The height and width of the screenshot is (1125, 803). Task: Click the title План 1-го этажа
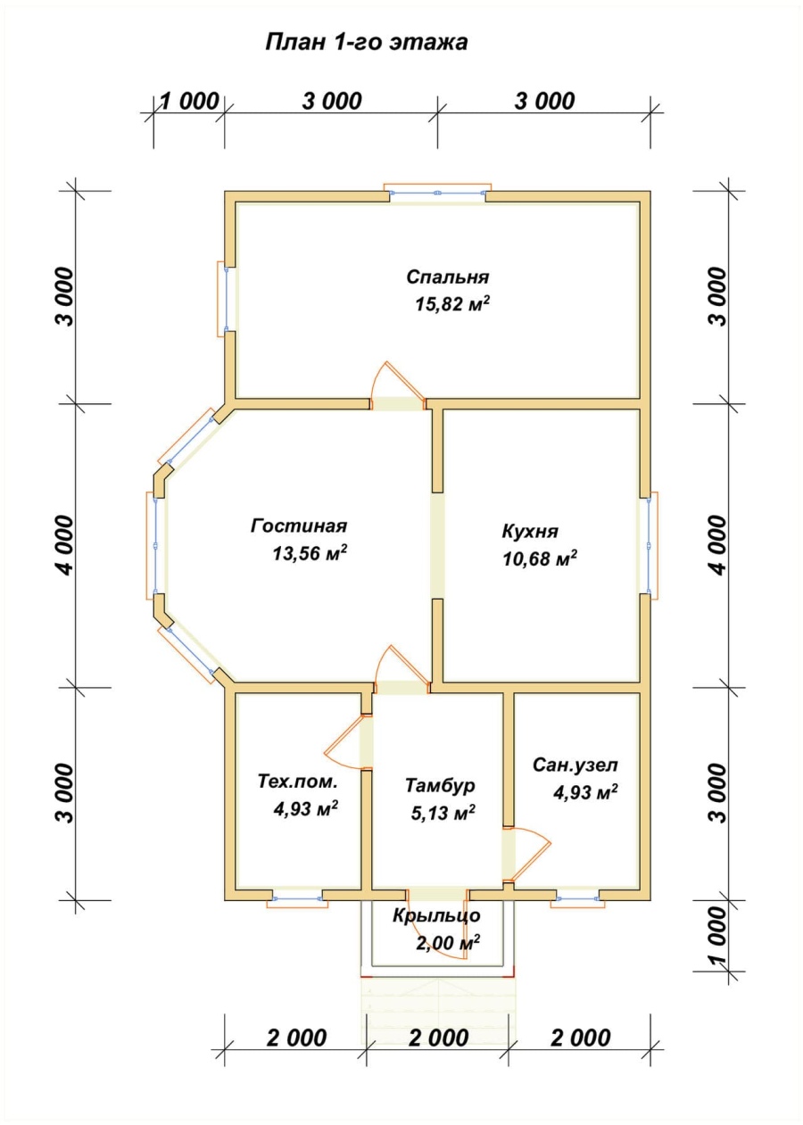point(366,42)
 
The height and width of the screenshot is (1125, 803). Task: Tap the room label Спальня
point(448,277)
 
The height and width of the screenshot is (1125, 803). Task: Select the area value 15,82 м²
point(452,303)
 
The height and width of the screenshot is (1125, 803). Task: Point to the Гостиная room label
point(299,525)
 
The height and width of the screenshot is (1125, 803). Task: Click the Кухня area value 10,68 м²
point(540,558)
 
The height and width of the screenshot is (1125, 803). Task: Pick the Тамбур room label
point(440,785)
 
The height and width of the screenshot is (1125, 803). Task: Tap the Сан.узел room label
point(575,765)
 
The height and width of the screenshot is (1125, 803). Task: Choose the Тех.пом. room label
point(298,782)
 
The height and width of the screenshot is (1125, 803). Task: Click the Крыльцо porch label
point(436,915)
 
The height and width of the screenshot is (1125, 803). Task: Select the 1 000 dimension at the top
point(189,102)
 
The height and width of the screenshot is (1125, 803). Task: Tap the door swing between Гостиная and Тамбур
point(402,665)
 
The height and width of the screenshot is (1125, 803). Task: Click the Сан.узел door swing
point(529,853)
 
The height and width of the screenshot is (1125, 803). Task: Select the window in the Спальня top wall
point(437,192)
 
